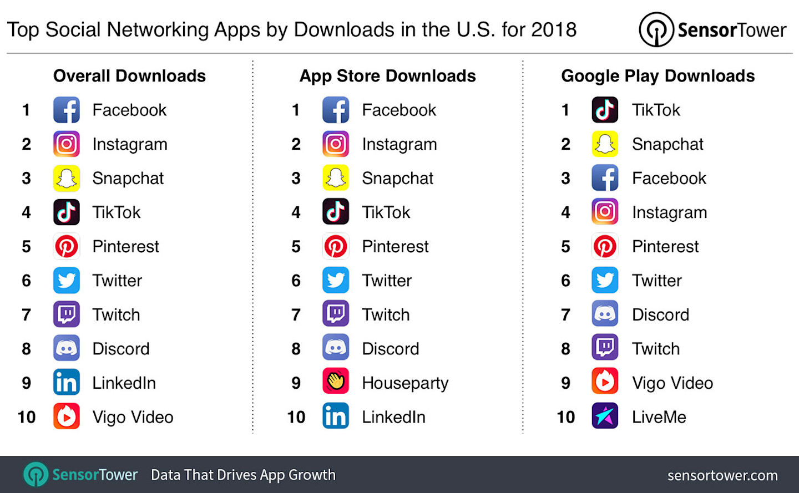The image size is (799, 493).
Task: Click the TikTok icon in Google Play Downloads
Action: coord(605,110)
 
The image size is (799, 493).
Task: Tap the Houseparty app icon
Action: coord(336,383)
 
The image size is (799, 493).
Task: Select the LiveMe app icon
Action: coord(605,416)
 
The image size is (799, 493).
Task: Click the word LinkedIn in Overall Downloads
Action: coord(124,383)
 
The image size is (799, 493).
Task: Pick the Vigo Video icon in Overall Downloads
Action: coord(67,416)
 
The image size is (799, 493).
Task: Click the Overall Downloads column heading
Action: coord(129,76)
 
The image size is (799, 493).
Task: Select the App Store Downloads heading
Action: coord(387,76)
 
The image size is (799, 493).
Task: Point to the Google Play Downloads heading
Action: coord(658,76)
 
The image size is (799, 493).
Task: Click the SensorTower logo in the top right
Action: coord(712,29)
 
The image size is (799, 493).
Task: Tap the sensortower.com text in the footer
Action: coord(722,475)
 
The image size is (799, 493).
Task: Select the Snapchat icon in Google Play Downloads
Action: coord(605,144)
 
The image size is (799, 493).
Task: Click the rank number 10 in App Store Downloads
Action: coord(296,417)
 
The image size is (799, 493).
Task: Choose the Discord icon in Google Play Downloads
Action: coord(605,314)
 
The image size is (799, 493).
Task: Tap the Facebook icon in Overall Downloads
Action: coord(67,110)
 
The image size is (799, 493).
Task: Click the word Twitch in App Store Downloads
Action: coord(386,314)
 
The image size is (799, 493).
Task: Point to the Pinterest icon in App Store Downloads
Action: coord(336,246)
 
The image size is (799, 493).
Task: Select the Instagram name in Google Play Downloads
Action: coord(669,212)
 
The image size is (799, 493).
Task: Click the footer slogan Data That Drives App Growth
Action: coord(243,475)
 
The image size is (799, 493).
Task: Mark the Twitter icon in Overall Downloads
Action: coord(67,281)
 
